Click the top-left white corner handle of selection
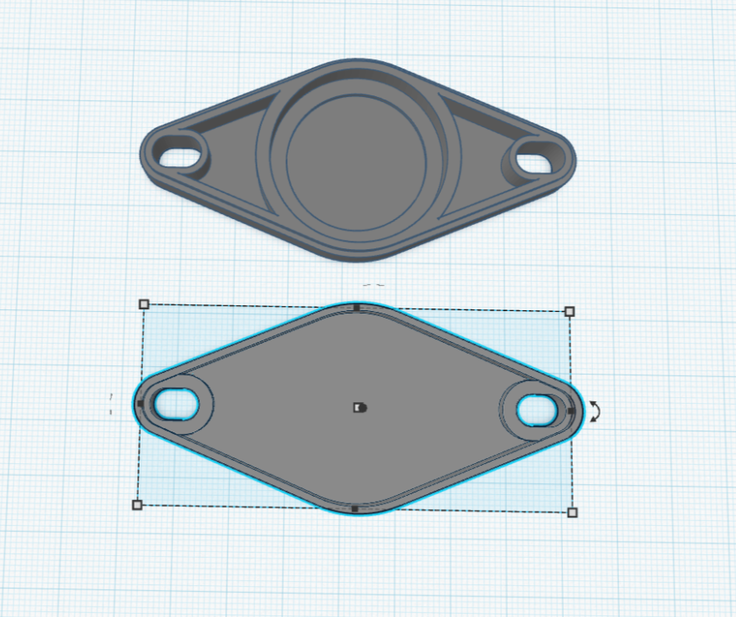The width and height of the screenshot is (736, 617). coord(143,304)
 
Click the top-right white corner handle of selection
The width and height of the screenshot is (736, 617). coord(570,311)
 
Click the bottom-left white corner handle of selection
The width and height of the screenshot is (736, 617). coord(137,504)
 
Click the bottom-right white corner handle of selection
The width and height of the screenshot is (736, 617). coord(572,512)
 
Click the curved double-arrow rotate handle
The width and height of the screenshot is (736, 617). coord(594,410)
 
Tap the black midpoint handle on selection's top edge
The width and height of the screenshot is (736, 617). coord(356,308)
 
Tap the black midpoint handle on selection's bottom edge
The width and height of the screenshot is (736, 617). coord(355,507)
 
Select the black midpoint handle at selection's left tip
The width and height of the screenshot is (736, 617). coord(140,404)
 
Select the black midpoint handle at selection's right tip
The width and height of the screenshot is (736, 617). coord(571,410)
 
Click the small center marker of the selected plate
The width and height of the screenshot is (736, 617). coord(359,407)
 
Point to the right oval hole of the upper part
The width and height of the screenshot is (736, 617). coord(536,158)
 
